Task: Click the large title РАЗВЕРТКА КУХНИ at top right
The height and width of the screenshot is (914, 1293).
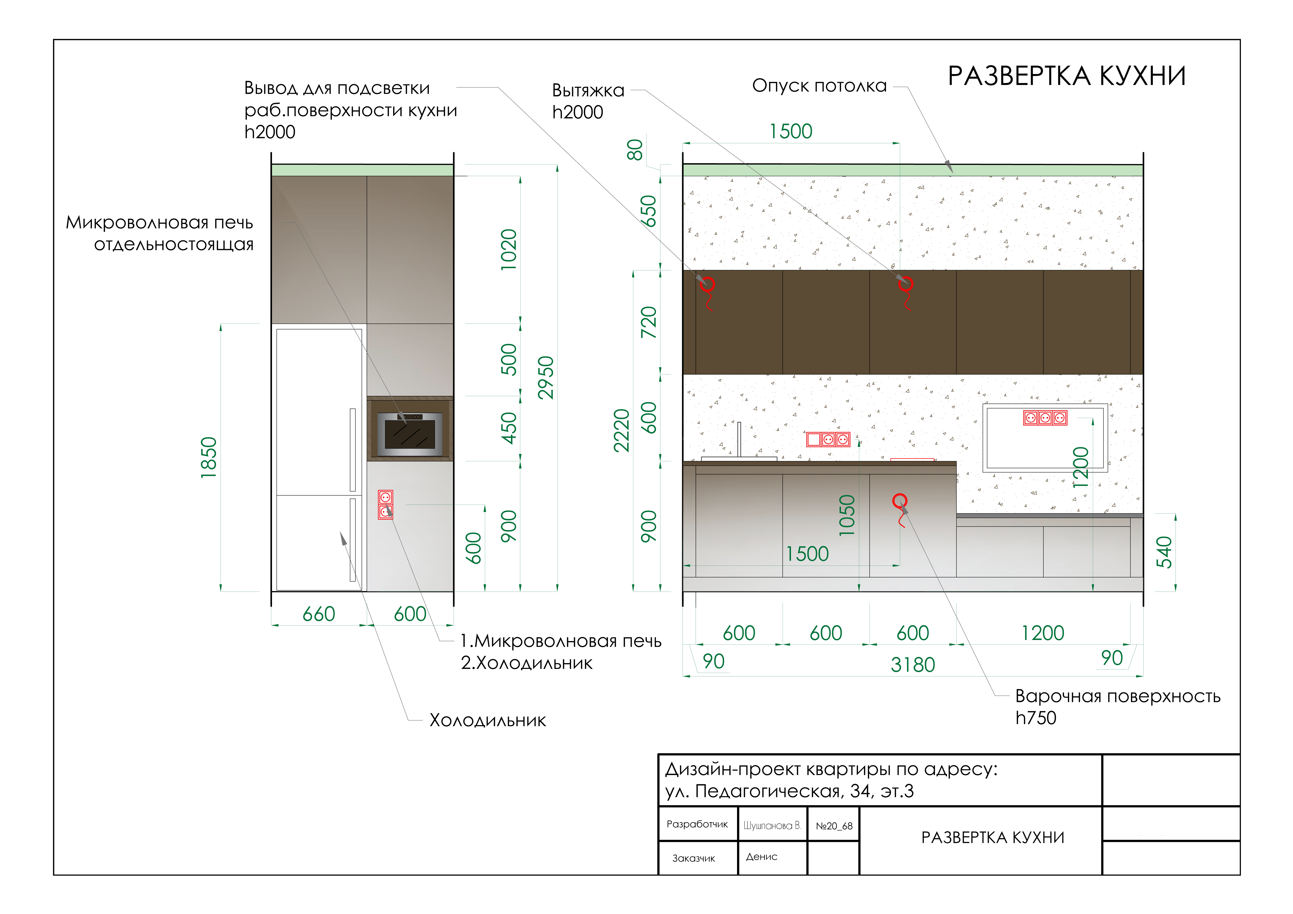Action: (x=1067, y=76)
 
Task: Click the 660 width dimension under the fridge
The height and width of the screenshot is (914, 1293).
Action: (x=319, y=614)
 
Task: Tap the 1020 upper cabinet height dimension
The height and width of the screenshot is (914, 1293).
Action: (x=509, y=250)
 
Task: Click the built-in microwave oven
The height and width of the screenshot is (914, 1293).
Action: (x=409, y=434)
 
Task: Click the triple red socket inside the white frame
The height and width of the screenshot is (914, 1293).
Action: (x=1045, y=418)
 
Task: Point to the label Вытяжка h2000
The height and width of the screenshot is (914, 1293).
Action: (x=588, y=101)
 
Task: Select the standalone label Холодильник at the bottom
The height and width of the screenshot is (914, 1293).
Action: (x=488, y=720)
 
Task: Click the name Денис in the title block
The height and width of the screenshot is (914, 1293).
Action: (x=761, y=856)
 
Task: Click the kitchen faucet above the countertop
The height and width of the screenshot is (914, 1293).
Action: (x=739, y=440)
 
